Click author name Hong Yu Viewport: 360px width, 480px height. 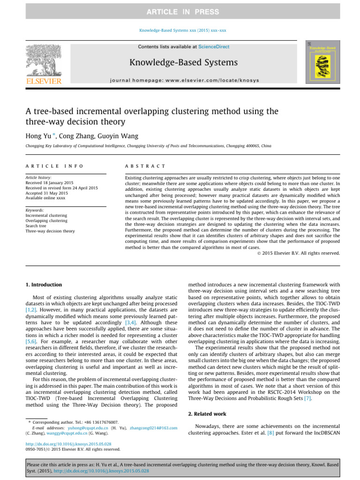(42, 136)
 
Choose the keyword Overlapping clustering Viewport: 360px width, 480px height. (46, 221)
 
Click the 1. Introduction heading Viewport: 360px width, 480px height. (43, 285)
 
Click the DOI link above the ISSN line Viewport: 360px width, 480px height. (68, 443)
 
